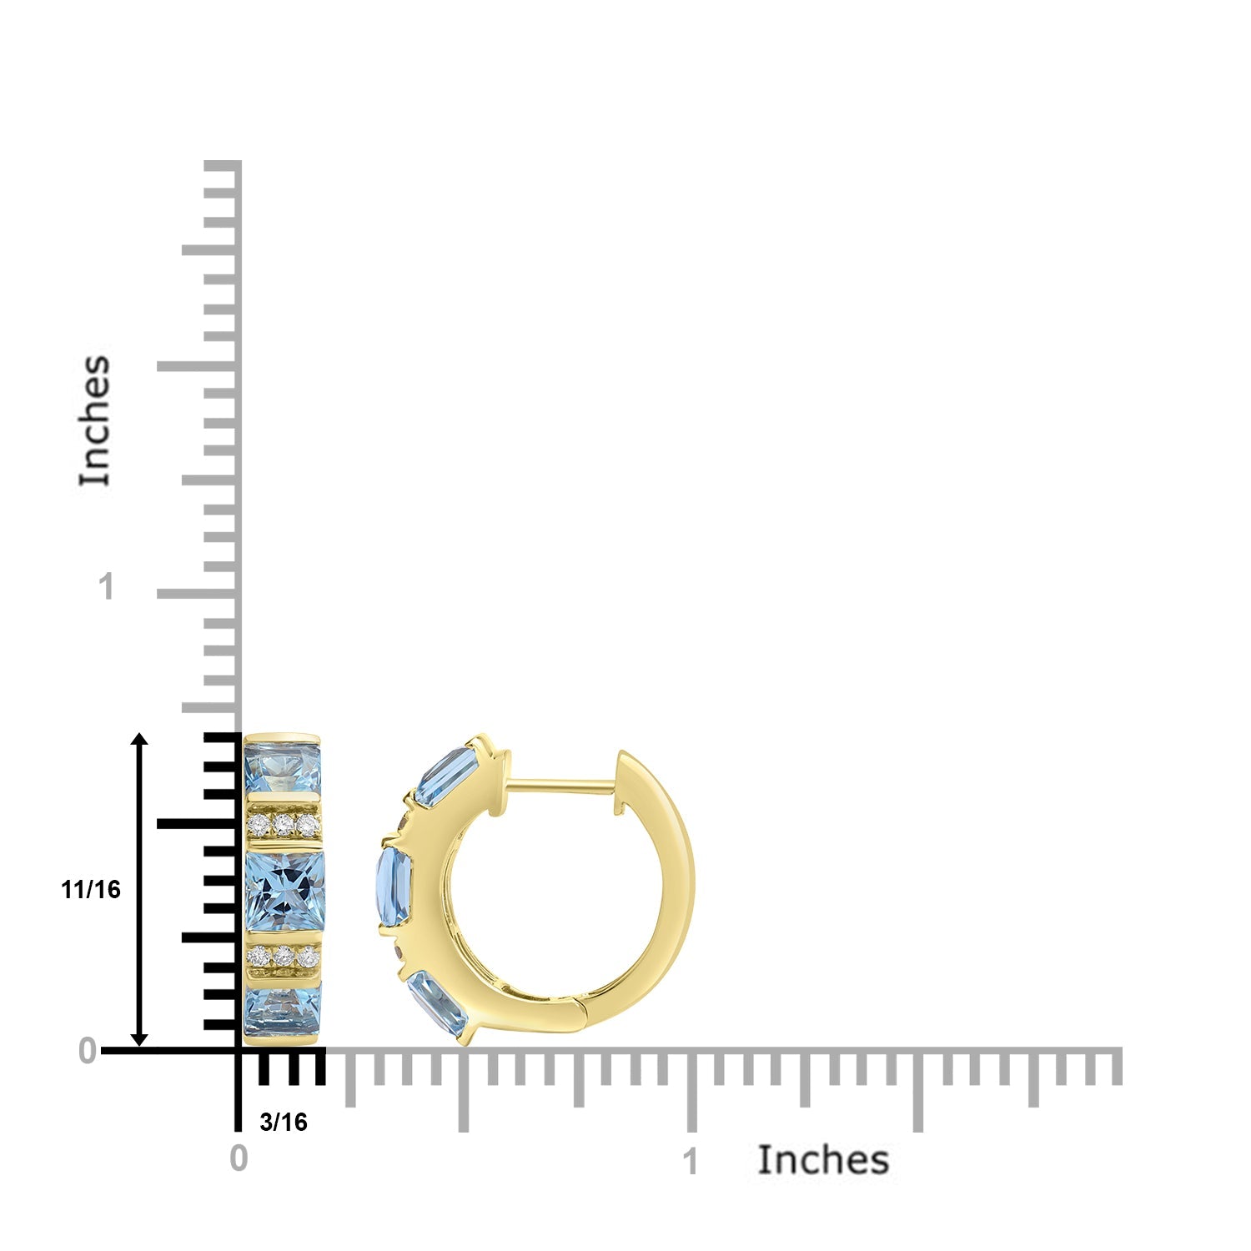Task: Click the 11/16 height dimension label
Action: [x=91, y=890]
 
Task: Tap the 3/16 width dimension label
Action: [x=284, y=1123]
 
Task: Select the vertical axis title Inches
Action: [x=95, y=420]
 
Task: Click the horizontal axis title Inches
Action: [x=823, y=1160]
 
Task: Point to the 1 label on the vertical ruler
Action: [x=105, y=587]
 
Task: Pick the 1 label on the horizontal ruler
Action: [x=690, y=1162]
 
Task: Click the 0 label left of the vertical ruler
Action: [x=88, y=1052]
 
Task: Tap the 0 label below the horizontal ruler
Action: [x=239, y=1158]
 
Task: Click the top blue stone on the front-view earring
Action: [x=282, y=767]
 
